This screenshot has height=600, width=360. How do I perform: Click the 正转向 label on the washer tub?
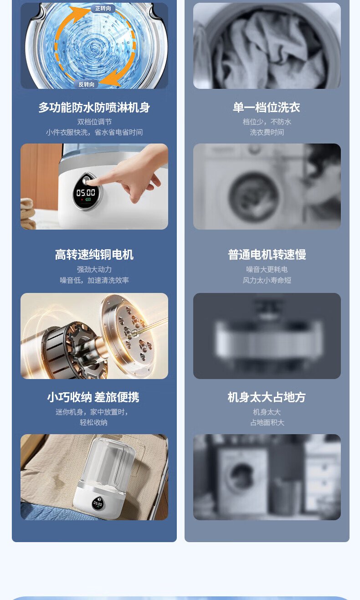click(x=103, y=9)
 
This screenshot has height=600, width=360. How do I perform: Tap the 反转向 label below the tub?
click(x=86, y=84)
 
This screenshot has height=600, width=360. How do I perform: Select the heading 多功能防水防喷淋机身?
click(x=94, y=108)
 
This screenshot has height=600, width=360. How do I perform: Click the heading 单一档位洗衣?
click(x=267, y=108)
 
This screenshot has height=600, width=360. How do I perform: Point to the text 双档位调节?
click(x=94, y=122)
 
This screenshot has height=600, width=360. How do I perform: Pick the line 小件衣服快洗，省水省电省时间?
click(x=94, y=132)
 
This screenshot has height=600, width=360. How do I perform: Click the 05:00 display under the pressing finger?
click(x=86, y=193)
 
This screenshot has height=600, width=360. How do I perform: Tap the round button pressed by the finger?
click(x=87, y=180)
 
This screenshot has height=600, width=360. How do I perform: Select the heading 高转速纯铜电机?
click(x=94, y=255)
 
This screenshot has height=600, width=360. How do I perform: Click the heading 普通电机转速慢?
click(x=267, y=255)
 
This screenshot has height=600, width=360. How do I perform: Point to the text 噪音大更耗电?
click(x=267, y=269)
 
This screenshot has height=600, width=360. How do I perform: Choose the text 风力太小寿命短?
click(x=267, y=280)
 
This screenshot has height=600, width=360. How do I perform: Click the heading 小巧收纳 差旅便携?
click(x=93, y=397)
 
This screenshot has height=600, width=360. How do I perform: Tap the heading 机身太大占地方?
click(x=267, y=397)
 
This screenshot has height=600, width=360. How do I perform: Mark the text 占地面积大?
click(x=267, y=422)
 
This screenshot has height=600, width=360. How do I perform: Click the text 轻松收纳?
click(x=93, y=422)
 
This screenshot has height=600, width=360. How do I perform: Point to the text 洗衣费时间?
click(x=267, y=132)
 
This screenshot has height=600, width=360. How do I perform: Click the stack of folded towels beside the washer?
click(x=28, y=214)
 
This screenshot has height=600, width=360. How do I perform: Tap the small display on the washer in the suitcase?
click(x=98, y=503)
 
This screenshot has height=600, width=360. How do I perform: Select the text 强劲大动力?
click(x=94, y=269)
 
